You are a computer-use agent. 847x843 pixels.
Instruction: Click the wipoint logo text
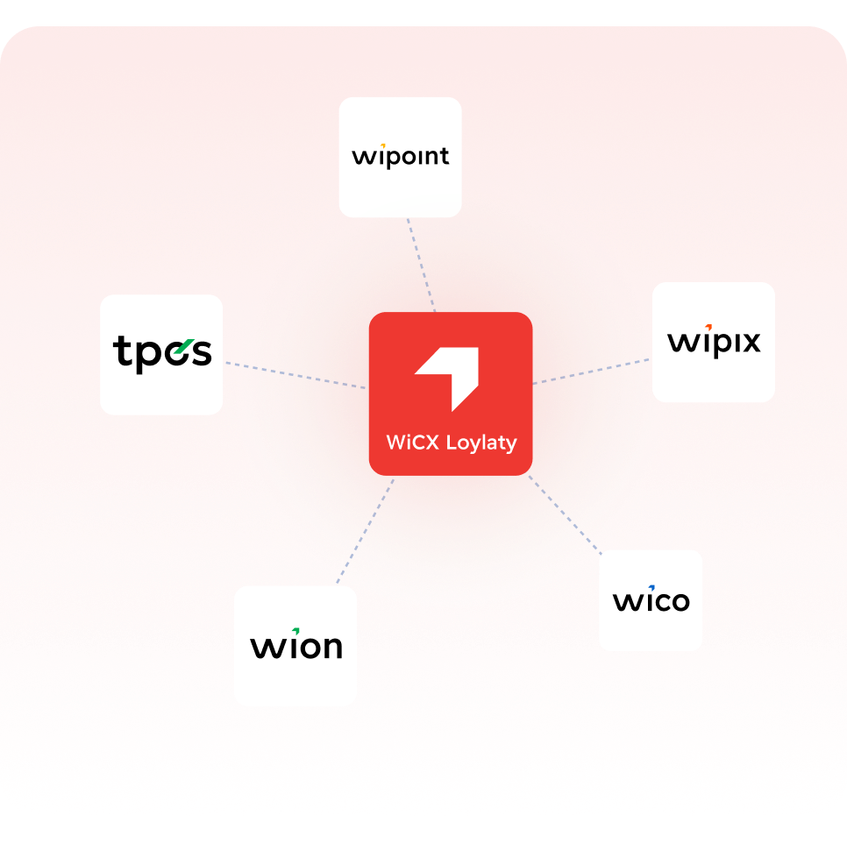point(401,157)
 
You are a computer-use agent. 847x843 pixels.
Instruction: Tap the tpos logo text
point(162,353)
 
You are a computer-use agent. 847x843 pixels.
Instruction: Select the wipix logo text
point(714,341)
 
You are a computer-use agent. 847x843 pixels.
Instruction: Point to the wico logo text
point(651,599)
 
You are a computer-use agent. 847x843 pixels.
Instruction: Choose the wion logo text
point(296,644)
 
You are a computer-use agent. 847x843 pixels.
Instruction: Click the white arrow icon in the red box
point(446,379)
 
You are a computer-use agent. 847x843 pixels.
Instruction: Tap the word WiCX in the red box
point(413,443)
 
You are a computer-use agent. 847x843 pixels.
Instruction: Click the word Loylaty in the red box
point(481,443)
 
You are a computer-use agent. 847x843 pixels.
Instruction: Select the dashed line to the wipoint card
point(422,265)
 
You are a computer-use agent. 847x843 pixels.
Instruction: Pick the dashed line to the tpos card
point(295,375)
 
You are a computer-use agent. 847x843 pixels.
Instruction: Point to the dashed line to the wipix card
point(591,372)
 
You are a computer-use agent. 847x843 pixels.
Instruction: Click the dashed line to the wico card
point(565,515)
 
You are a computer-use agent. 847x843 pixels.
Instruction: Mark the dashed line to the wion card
point(365,531)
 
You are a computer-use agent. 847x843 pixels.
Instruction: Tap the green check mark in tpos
point(183,346)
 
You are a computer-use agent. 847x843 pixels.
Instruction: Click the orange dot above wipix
point(708,327)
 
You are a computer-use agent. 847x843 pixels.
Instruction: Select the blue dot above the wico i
point(651,588)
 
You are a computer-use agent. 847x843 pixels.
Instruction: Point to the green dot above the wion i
point(296,630)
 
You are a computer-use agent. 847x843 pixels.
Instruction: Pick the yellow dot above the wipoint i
point(382,145)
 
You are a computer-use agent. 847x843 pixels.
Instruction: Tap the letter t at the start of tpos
point(120,350)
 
